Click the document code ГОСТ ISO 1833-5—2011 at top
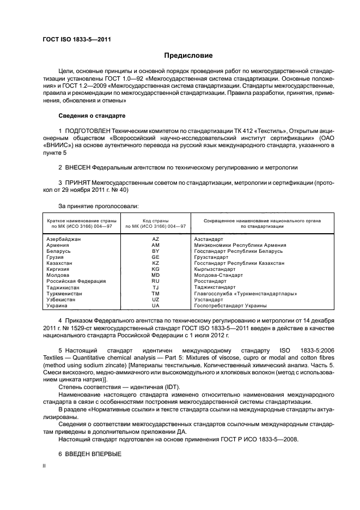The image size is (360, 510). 73,40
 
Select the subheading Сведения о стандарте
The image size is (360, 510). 91,116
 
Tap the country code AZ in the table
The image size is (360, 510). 155,239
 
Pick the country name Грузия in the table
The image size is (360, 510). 54,257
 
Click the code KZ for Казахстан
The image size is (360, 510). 155,263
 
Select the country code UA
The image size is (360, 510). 155,306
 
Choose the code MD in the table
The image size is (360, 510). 155,275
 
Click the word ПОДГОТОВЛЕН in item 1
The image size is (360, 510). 87,131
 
